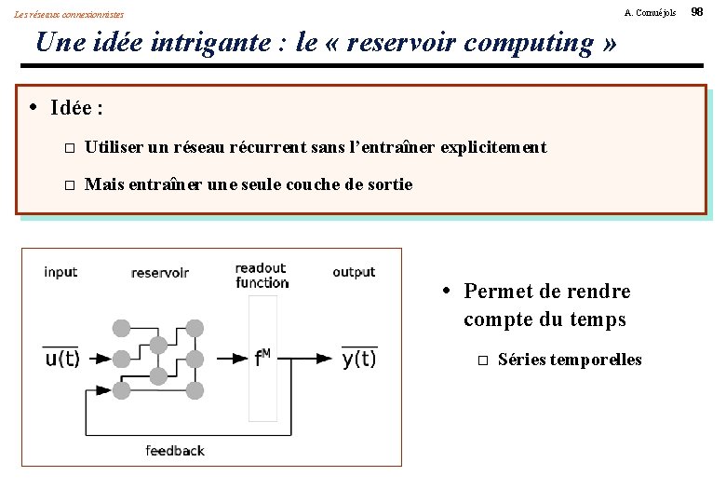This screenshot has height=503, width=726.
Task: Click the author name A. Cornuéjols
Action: pyautogui.click(x=651, y=12)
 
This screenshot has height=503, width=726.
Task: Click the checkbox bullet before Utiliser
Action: pyautogui.click(x=68, y=148)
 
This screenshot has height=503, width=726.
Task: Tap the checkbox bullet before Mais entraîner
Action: pyautogui.click(x=68, y=185)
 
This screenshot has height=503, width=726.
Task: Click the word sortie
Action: pyautogui.click(x=390, y=184)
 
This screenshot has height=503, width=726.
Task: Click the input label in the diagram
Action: pyautogui.click(x=60, y=272)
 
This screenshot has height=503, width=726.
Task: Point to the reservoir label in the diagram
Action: pyautogui.click(x=160, y=273)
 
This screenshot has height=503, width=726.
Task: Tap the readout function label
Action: pyautogui.click(x=262, y=276)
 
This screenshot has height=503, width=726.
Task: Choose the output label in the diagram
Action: pyautogui.click(x=354, y=272)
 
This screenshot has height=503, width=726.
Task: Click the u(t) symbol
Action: pyautogui.click(x=63, y=360)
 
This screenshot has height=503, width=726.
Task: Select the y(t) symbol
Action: pyautogui.click(x=358, y=360)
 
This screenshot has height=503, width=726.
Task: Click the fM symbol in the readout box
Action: pyautogui.click(x=263, y=358)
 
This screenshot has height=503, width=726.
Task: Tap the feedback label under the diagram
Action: pyautogui.click(x=175, y=451)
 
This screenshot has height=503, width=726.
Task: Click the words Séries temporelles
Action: pyautogui.click(x=570, y=360)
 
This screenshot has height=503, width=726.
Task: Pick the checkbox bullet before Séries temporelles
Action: pyautogui.click(x=481, y=360)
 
